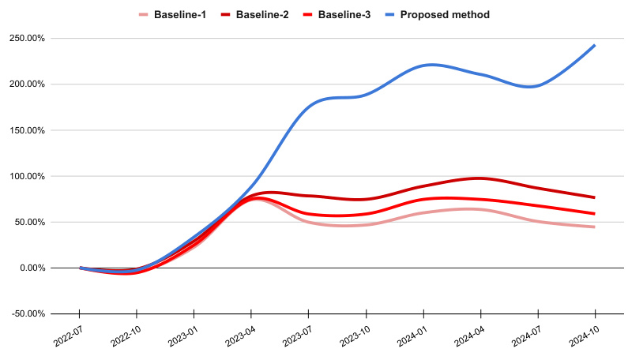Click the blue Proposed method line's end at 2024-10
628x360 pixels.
pyautogui.click(x=594, y=46)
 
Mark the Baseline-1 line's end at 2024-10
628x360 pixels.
pyautogui.click(x=594, y=227)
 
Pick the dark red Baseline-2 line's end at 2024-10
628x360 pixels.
pyautogui.click(x=594, y=197)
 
